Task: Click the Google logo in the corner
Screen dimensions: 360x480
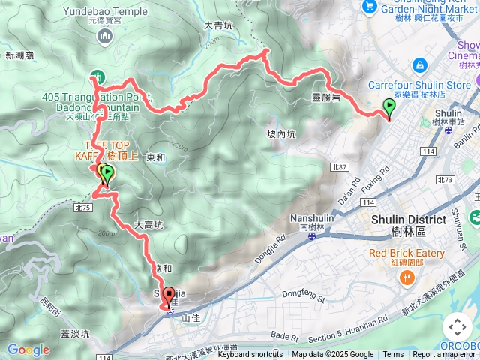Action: tap(28, 349)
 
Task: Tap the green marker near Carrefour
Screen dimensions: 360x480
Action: tap(388, 108)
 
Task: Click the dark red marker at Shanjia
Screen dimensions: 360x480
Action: tap(168, 295)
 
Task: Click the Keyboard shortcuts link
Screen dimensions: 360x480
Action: tap(250, 355)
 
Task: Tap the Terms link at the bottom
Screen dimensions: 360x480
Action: tap(393, 355)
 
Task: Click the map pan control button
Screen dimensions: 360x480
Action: tap(457, 327)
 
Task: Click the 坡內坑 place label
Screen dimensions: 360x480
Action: tap(281, 135)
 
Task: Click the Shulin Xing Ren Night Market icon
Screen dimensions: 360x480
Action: tap(369, 6)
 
